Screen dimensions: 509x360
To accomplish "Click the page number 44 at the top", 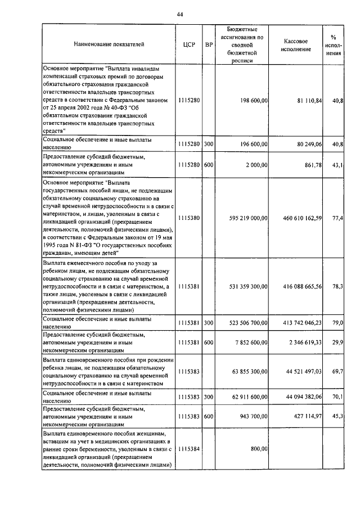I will [180, 14].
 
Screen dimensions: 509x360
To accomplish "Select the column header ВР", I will [209, 44].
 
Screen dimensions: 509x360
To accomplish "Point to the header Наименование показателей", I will [109, 44].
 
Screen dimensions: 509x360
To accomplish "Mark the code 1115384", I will [188, 449].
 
